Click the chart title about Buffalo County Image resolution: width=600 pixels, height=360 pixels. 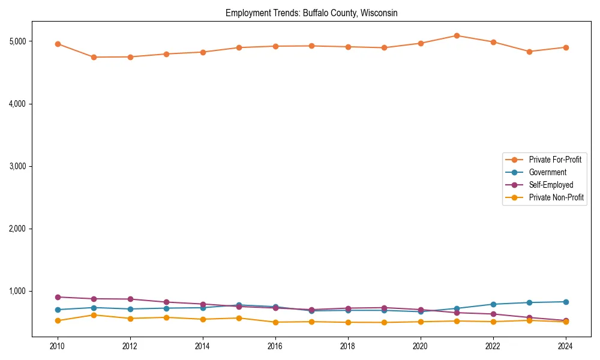click(x=311, y=13)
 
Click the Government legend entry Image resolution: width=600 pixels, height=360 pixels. click(x=547, y=172)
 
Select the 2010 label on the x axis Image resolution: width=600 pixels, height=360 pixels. click(x=58, y=347)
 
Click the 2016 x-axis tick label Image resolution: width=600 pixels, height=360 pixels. click(x=275, y=347)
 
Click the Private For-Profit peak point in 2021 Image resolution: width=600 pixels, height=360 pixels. click(x=457, y=35)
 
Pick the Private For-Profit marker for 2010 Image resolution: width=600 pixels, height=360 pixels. click(x=58, y=44)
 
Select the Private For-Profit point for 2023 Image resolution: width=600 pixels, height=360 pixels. click(x=529, y=52)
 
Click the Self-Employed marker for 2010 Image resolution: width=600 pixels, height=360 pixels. click(x=58, y=297)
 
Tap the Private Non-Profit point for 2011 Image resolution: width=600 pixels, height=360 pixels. click(x=94, y=315)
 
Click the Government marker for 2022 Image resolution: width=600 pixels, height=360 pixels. click(x=493, y=304)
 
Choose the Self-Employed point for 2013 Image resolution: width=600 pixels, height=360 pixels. click(x=167, y=302)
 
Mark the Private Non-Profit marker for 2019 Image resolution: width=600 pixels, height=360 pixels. click(x=384, y=323)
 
